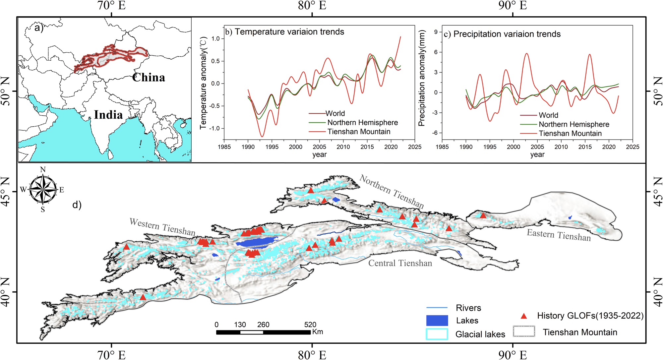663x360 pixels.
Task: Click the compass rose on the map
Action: coord(43,190)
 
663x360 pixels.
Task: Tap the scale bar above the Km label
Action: coord(263,332)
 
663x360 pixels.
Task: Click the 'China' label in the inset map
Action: coord(149,78)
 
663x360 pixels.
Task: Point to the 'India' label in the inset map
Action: coord(108,115)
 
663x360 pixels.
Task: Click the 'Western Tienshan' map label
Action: coord(162,227)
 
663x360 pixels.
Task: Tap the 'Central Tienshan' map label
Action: coord(400,263)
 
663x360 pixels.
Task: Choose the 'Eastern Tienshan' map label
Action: coord(559,235)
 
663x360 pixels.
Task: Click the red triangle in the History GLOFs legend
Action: coord(524,316)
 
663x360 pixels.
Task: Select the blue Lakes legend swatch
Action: coord(437,321)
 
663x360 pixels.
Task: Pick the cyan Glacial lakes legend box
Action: coord(437,334)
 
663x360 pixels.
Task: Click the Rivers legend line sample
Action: coord(437,308)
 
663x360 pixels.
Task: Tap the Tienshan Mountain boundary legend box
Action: coord(524,331)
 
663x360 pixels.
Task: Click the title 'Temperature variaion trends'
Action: coord(289,32)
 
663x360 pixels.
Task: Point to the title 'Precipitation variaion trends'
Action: coord(507,34)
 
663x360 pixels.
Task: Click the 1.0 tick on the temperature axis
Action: coord(215,39)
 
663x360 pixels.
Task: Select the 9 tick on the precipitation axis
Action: coord(436,32)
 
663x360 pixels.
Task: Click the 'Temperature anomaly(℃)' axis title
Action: coord(203,83)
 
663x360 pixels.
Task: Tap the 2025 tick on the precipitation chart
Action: coord(632,147)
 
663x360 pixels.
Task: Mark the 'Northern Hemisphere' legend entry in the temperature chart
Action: coord(362,123)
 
